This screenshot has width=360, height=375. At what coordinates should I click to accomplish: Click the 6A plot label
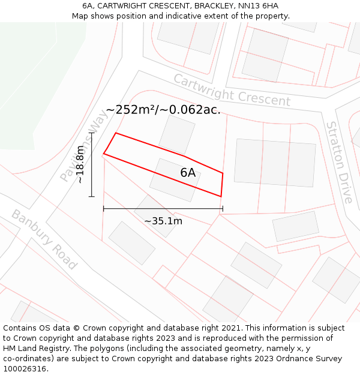[188, 173]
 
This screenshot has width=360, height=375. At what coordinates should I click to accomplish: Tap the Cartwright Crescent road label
[232, 90]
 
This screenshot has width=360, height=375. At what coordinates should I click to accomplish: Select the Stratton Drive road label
[339, 162]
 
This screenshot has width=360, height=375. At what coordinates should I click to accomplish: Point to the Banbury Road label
[44, 239]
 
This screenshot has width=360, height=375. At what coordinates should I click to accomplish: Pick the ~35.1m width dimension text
[163, 221]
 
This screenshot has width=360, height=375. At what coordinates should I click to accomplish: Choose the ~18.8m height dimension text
[80, 164]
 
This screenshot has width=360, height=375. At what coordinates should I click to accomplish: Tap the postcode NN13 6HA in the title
[256, 6]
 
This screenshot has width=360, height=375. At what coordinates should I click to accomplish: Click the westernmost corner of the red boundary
[104, 154]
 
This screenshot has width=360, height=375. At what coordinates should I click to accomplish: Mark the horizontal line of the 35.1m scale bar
[163, 209]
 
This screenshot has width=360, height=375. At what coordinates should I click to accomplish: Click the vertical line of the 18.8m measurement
[91, 164]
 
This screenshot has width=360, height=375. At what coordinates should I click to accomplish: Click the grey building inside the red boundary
[175, 179]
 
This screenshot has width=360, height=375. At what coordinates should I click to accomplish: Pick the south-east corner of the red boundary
[221, 196]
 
